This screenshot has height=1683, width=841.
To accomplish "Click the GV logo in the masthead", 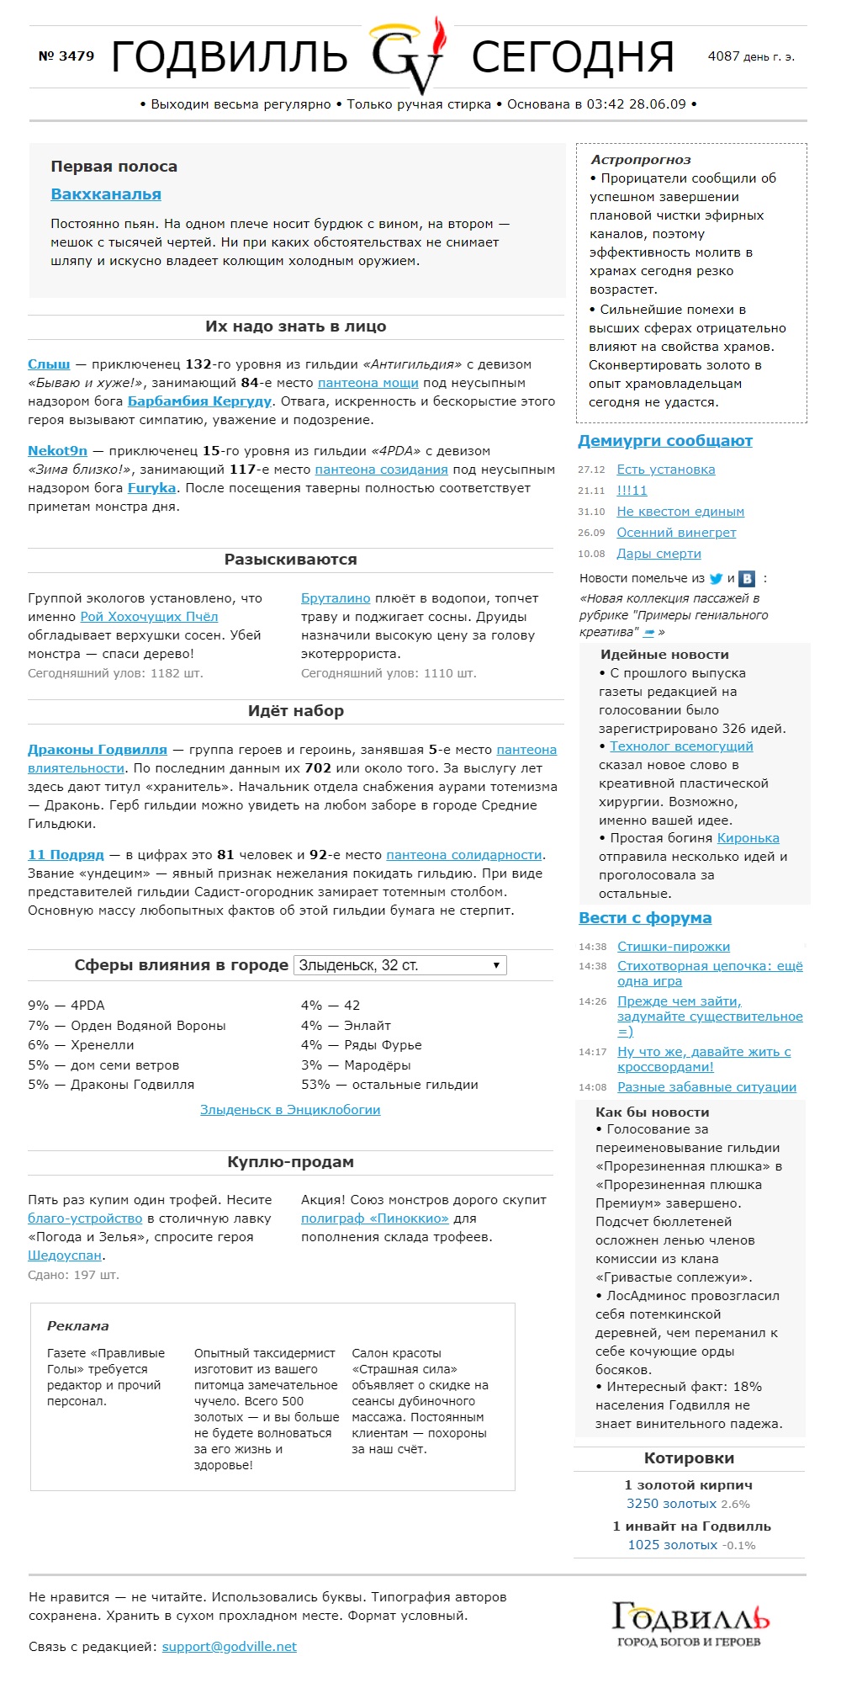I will (410, 56).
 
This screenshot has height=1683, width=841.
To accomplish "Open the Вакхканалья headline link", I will (106, 194).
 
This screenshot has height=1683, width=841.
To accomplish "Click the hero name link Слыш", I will (49, 364).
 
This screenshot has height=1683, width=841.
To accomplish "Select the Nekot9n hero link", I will (57, 451).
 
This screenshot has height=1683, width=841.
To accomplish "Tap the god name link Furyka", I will (151, 488).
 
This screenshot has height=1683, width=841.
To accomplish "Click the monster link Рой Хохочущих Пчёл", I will (149, 617).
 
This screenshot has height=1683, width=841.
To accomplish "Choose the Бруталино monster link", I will (336, 598).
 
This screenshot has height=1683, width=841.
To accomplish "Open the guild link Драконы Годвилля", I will (98, 750).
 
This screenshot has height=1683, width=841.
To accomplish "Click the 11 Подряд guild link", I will (66, 855).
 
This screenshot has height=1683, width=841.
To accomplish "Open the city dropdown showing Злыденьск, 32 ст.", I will (399, 965).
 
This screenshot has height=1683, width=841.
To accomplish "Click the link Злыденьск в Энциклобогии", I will (290, 1110).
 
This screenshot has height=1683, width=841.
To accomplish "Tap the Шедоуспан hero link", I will (65, 1256).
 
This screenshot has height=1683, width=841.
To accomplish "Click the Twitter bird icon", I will (716, 579).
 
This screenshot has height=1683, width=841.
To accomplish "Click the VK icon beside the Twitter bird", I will (747, 579).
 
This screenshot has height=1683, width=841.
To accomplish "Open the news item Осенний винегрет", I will (676, 533).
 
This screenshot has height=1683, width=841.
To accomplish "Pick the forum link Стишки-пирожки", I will (674, 947).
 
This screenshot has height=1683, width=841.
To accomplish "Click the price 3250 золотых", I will (671, 1504).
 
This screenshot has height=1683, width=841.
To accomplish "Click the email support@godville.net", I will (229, 1647).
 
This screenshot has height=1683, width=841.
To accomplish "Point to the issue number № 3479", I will (66, 56).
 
